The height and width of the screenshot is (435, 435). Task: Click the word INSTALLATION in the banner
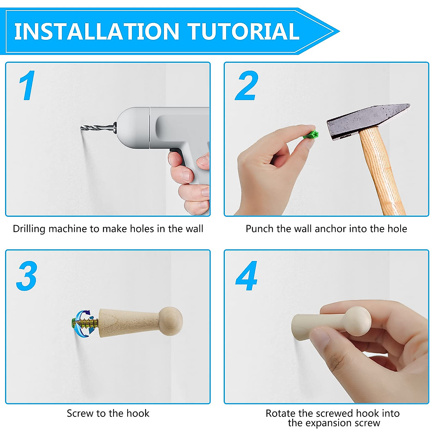97,32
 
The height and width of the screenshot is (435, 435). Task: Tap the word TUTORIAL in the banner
244,32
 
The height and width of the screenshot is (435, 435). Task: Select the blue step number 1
27,85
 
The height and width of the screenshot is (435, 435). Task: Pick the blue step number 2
246,85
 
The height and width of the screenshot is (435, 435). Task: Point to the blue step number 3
26,275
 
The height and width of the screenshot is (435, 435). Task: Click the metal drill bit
98,128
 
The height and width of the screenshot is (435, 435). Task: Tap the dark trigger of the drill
178,156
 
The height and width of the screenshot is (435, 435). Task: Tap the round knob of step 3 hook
171,321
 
